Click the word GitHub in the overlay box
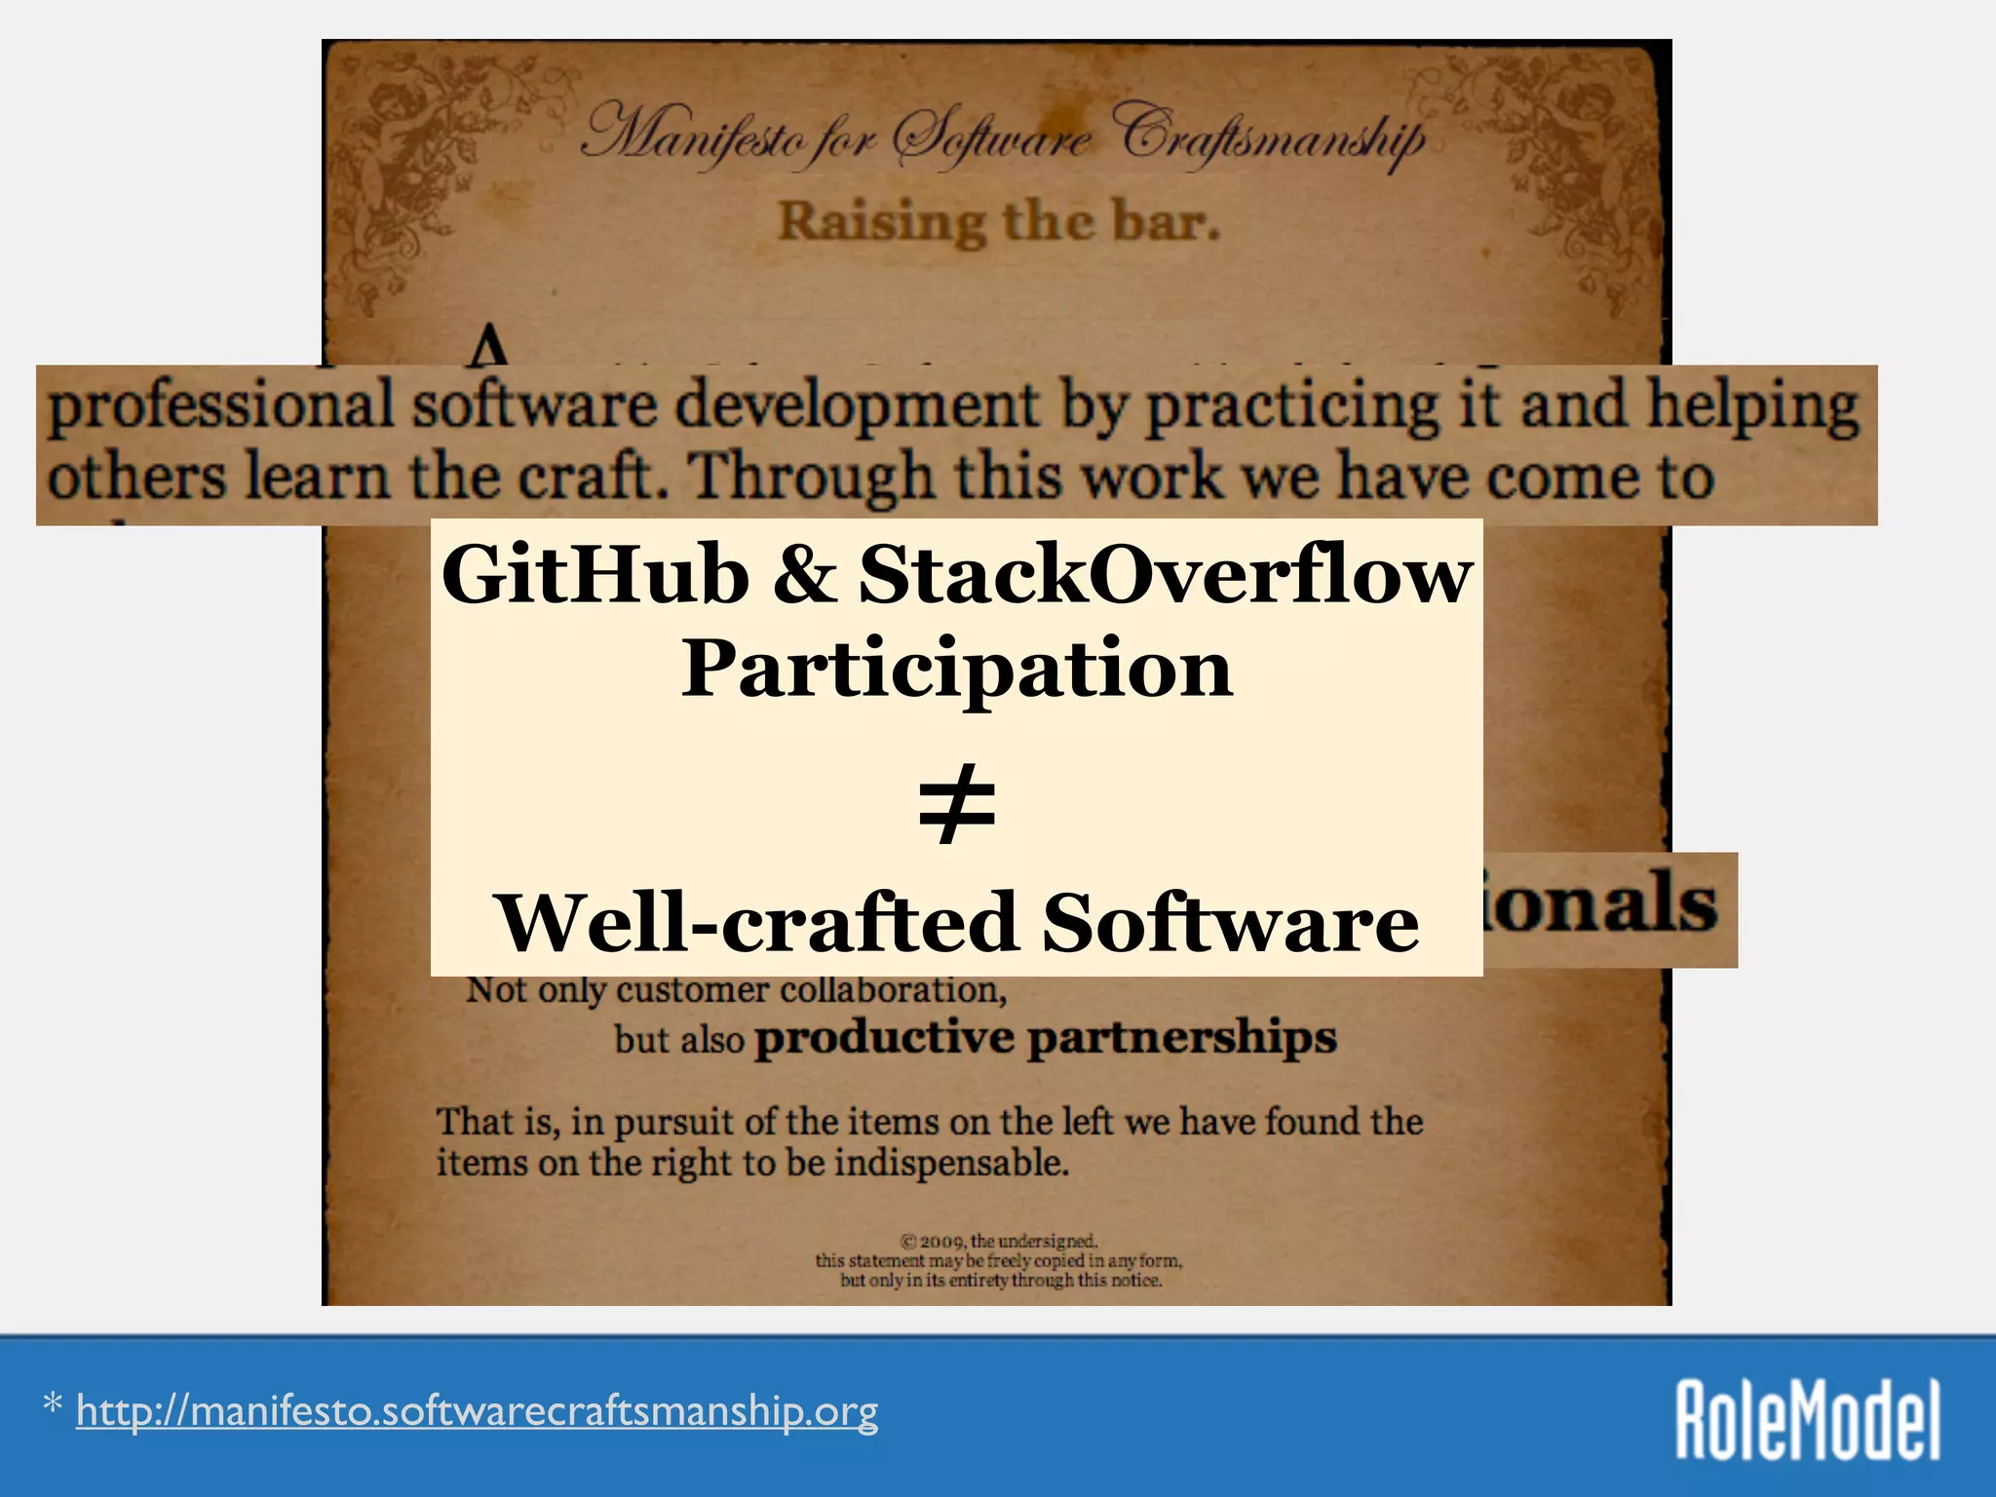coord(595,575)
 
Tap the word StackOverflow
coord(1165,575)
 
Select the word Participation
coord(957,671)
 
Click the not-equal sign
coord(957,805)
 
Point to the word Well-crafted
coord(757,923)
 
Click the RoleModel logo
coord(1808,1419)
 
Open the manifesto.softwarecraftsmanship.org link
coord(477,1411)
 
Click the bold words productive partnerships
coord(1045,1037)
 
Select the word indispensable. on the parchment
coord(951,1163)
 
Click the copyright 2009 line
coord(999,1242)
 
